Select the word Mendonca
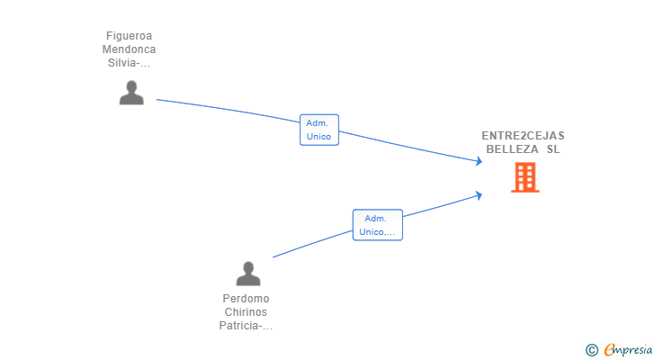coord(129,49)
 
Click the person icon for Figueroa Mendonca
coord(131,93)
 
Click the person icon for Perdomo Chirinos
coord(247,273)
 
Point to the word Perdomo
coord(246,299)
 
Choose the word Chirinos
coord(246,312)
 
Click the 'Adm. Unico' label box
coord(319,130)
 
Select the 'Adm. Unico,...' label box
coord(377,225)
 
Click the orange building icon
coord(525,177)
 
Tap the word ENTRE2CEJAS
coord(523,136)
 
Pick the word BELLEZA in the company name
coord(512,149)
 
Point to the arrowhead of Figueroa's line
coord(480,162)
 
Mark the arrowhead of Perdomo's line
coord(480,193)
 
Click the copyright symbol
coord(591,349)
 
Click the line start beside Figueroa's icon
coord(158,100)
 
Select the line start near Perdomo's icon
coord(274,257)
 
